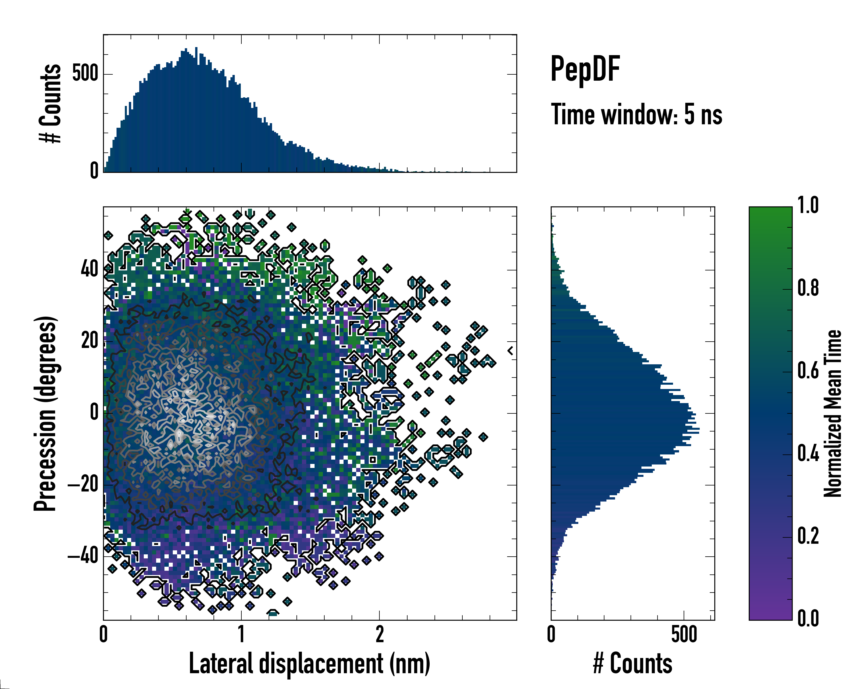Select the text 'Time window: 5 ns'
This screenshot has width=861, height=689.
pyautogui.click(x=637, y=115)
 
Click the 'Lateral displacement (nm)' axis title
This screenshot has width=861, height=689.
pyautogui.click(x=309, y=664)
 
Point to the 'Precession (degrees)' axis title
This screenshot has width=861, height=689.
pyautogui.click(x=45, y=413)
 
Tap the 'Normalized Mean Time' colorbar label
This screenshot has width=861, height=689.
pyautogui.click(x=833, y=413)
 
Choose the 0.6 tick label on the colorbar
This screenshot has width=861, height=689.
pyautogui.click(x=808, y=371)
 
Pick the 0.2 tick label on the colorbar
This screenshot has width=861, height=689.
pyautogui.click(x=808, y=536)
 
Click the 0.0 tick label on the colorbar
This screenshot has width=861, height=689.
pyautogui.click(x=808, y=618)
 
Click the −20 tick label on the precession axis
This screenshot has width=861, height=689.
pyautogui.click(x=83, y=485)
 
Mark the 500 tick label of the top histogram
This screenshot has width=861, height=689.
pyautogui.click(x=85, y=73)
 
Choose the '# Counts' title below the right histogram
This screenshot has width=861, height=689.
pyautogui.click(x=633, y=664)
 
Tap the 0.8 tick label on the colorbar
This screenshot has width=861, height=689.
pyautogui.click(x=808, y=288)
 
